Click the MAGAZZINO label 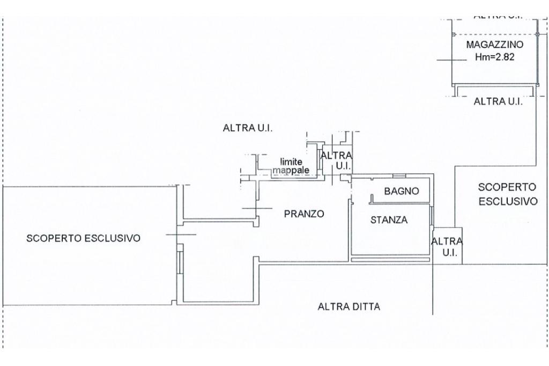(x=494, y=45)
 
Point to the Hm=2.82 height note (x=494, y=56)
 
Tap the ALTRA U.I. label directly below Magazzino (x=498, y=101)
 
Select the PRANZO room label (x=304, y=214)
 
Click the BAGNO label (x=401, y=191)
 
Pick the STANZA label (x=389, y=220)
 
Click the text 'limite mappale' (x=291, y=166)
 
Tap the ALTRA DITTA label (x=348, y=307)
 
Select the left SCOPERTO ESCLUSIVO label (x=83, y=238)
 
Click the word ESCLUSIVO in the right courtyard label (x=508, y=201)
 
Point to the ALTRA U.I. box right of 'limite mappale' (x=336, y=160)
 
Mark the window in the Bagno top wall (x=399, y=175)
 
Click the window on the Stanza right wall (x=431, y=216)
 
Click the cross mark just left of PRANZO (x=257, y=208)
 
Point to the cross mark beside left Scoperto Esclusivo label (x=181, y=234)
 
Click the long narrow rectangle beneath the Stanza (x=391, y=260)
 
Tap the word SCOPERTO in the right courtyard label (x=507, y=187)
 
